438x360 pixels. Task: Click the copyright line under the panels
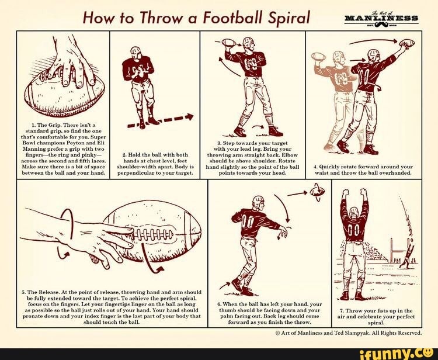coord(349,333)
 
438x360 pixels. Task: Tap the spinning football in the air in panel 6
coord(317,191)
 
